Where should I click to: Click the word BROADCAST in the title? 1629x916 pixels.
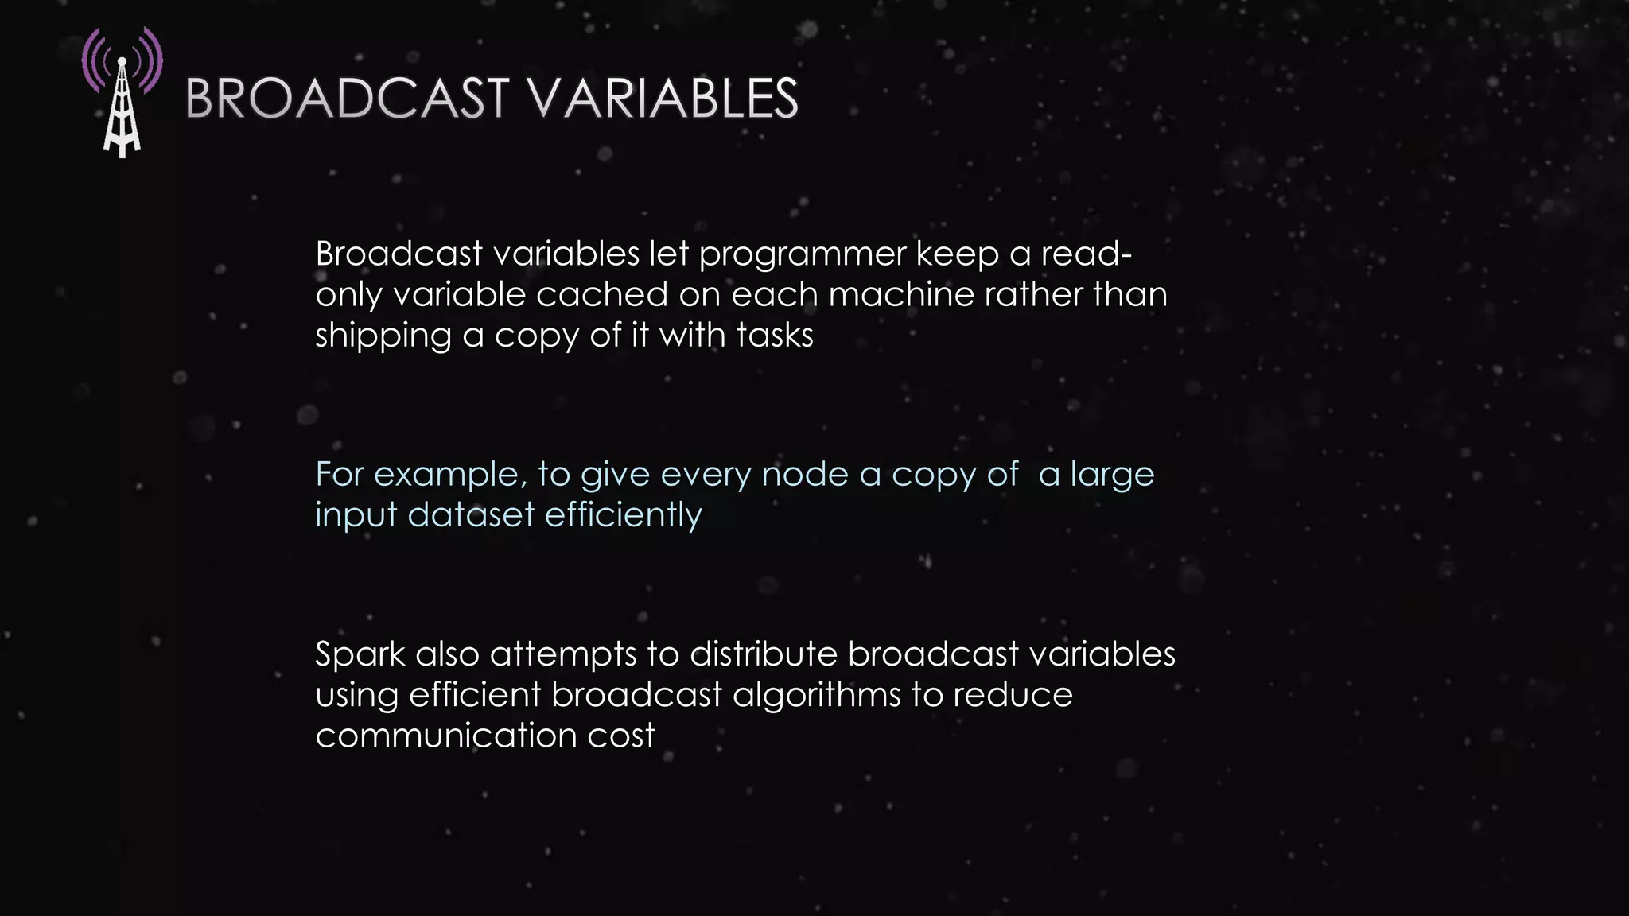(x=347, y=99)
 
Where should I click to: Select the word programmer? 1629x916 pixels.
(x=803, y=255)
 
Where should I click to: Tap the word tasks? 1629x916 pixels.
(x=775, y=335)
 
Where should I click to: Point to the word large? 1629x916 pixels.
(x=1112, y=475)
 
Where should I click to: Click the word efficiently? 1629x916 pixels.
(x=623, y=515)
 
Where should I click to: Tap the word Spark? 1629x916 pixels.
(x=360, y=655)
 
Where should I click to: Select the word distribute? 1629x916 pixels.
(x=763, y=654)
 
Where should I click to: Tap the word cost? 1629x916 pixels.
(x=621, y=736)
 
